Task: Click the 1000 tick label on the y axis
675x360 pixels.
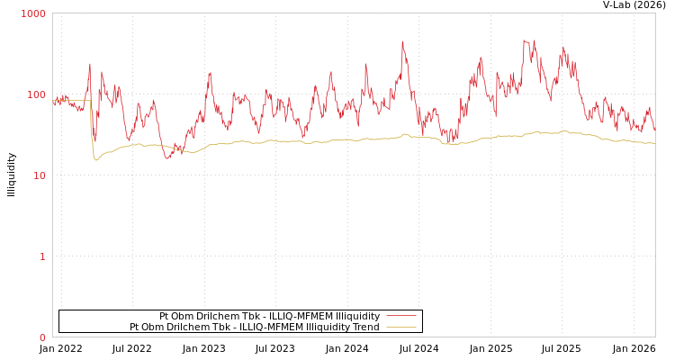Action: point(33,14)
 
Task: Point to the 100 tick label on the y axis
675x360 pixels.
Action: point(36,94)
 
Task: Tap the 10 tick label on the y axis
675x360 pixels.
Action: point(39,175)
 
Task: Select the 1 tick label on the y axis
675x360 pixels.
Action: point(41,256)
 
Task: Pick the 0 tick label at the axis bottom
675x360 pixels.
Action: point(41,337)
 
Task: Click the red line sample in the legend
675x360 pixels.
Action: point(401,316)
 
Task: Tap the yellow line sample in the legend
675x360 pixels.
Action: point(401,327)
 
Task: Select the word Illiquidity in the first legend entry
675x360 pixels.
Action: point(357,316)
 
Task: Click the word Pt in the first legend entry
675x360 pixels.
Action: point(165,316)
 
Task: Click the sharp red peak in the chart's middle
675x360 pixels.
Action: point(402,41)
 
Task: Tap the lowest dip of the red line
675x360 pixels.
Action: point(167,158)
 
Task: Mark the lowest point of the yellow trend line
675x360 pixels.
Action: point(96,160)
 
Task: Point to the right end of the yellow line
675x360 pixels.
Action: point(654,142)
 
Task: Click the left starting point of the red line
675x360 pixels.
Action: point(53,103)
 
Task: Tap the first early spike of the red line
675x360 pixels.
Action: point(90,63)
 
